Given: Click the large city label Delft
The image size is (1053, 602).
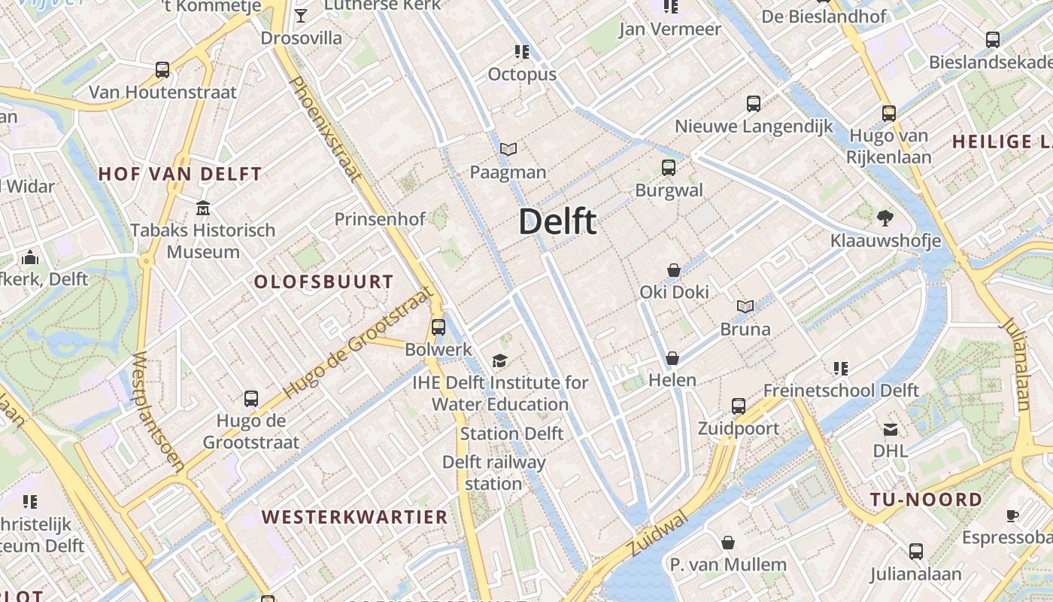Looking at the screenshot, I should (557, 222).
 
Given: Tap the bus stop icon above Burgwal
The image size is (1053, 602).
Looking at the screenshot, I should (669, 168).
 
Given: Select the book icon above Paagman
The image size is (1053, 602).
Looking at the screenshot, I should (508, 150).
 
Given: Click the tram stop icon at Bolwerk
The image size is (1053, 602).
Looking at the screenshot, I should (438, 327).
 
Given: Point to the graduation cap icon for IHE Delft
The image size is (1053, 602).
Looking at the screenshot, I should (500, 361).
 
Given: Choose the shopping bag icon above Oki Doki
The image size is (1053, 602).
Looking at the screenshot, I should (674, 270).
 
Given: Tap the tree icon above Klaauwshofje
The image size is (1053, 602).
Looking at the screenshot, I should (885, 218).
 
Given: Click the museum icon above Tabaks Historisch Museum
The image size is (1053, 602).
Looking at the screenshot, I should (203, 208).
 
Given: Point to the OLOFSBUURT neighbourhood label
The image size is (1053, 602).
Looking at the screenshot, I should (323, 282).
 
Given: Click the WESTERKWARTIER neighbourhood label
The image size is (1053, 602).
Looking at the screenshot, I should (355, 517).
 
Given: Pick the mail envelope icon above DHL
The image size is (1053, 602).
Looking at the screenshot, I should (891, 430).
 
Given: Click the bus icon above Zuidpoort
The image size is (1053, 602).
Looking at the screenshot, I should (739, 406).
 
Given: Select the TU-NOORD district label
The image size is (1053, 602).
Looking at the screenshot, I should (926, 500).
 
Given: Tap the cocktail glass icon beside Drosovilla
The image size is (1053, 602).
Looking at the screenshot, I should (301, 16).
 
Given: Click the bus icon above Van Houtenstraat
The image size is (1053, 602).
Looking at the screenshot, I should (162, 70).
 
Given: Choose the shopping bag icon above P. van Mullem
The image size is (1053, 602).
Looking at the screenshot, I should (728, 543).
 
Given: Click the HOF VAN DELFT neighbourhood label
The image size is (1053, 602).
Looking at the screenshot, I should (180, 174).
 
